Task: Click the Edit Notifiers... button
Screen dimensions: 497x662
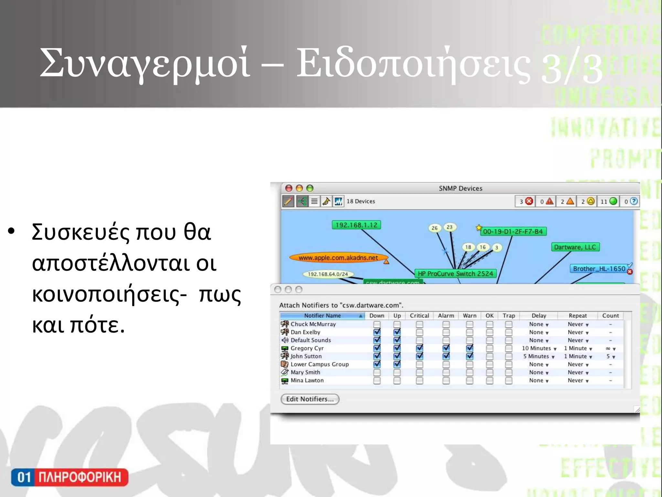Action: pyautogui.click(x=310, y=399)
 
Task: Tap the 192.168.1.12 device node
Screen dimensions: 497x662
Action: pyautogui.click(x=356, y=225)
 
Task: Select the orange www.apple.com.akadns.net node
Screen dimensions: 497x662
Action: pyautogui.click(x=338, y=258)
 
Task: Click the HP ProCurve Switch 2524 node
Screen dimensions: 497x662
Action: pyautogui.click(x=455, y=273)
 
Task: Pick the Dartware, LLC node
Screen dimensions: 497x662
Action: pyautogui.click(x=575, y=247)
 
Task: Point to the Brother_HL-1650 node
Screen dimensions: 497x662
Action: pyautogui.click(x=599, y=269)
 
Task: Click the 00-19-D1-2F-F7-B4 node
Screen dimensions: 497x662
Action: pyautogui.click(x=513, y=231)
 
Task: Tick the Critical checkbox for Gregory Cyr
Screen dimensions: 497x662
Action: pyautogui.click(x=419, y=348)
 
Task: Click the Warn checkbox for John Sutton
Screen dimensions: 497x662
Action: pyautogui.click(x=469, y=356)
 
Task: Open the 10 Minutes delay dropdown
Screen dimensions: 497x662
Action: pyautogui.click(x=539, y=348)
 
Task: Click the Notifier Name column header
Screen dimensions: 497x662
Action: pyautogui.click(x=322, y=315)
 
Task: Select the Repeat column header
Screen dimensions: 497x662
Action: pyautogui.click(x=578, y=315)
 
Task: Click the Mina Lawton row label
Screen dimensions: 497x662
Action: pyautogui.click(x=307, y=381)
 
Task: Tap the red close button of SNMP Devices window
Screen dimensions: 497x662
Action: pyautogui.click(x=289, y=188)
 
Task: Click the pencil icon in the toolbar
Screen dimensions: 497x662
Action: pyautogui.click(x=288, y=201)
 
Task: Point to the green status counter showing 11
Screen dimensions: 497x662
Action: pyautogui.click(x=609, y=201)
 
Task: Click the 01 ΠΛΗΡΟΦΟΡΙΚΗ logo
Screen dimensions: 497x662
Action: pyautogui.click(x=69, y=477)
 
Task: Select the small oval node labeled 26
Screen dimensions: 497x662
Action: pyautogui.click(x=434, y=228)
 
